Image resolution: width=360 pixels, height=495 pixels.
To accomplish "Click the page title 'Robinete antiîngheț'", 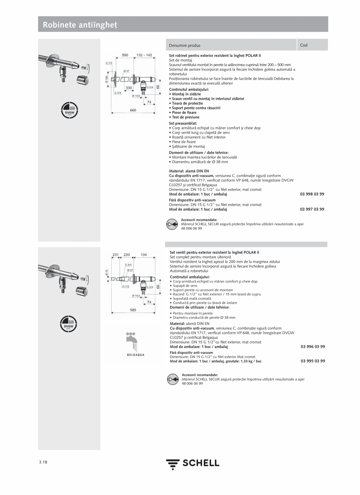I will point(80,25).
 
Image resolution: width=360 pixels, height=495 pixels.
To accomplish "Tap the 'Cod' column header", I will point(304,45).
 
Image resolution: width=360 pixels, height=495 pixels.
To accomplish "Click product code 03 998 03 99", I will point(312,194).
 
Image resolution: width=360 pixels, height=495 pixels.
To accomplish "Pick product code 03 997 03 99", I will point(312,209).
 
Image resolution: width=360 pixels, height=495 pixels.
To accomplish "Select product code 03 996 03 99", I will point(313,346).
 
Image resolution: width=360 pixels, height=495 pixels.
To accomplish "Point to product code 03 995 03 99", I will point(313,361).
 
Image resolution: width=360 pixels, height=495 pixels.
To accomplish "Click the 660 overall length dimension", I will point(133,110).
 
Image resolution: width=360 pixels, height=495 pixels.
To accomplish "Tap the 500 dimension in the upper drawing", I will point(125,55).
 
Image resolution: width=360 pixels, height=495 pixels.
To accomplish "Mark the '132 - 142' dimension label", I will point(144,55).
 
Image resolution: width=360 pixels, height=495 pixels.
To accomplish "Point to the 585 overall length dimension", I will point(133,310).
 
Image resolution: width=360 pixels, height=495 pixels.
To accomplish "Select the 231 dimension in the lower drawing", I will point(115,255).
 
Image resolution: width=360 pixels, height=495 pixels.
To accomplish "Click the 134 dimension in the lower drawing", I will point(144,255).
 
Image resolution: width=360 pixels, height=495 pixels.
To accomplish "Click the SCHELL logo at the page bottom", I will point(193,463).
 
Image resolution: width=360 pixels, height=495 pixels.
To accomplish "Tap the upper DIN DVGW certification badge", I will point(69,110).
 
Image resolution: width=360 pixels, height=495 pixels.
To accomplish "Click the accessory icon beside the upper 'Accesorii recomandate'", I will point(172,224).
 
